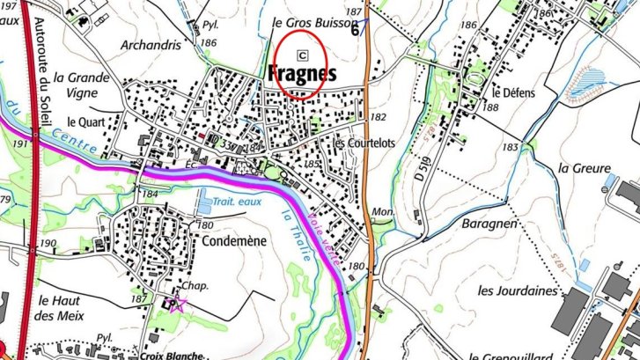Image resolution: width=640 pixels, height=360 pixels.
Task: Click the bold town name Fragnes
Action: coord(300,74)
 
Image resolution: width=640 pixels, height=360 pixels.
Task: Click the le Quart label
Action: coord(73,121)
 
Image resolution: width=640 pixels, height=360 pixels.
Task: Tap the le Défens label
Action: coord(508,92)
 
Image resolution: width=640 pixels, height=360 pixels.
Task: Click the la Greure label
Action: coord(584,167)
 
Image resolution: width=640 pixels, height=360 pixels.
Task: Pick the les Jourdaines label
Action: coord(518,290)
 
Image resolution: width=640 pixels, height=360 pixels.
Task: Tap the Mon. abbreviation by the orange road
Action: coord(381,212)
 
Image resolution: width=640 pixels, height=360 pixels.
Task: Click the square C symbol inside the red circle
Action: coord(304,52)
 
